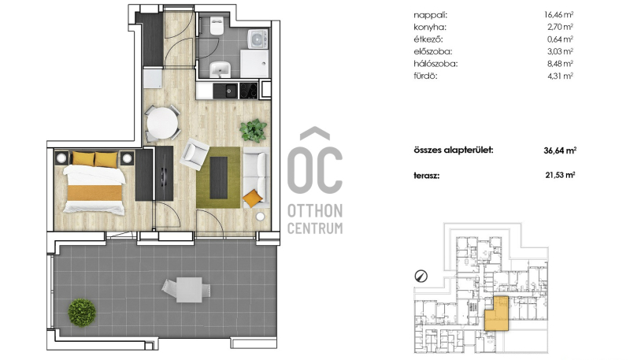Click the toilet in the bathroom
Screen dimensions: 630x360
click(x=217, y=25)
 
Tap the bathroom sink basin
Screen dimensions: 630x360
click(x=220, y=69)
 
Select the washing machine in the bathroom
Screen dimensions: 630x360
click(x=258, y=39)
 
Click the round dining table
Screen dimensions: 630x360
click(x=162, y=124)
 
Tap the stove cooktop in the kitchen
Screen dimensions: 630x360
click(x=248, y=91)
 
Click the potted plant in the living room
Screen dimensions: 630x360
click(x=254, y=130)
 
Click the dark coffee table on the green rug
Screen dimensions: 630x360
click(x=219, y=177)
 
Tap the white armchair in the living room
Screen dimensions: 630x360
click(x=195, y=154)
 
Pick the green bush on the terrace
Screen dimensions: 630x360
click(x=82, y=312)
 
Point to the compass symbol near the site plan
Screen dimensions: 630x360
click(x=421, y=276)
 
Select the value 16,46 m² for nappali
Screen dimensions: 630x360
click(x=558, y=15)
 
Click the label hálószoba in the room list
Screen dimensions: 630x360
click(x=435, y=64)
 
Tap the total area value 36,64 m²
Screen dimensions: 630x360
click(x=560, y=150)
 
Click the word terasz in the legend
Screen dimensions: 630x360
click(x=427, y=176)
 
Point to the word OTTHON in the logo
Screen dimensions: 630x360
click(x=315, y=210)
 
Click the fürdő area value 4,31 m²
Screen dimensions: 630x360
click(x=560, y=76)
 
